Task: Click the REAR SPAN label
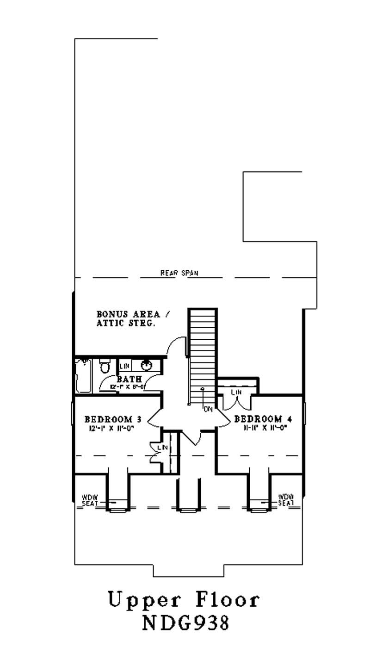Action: (179, 273)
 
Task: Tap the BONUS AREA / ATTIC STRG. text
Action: (133, 319)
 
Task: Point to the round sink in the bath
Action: (147, 365)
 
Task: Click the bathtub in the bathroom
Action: (84, 376)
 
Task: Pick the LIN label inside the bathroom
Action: (124, 366)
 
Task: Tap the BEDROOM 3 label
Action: (112, 419)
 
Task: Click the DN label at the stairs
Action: (208, 409)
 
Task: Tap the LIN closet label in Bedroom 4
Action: (236, 392)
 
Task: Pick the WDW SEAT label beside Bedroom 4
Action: (285, 500)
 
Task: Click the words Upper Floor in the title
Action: (184, 600)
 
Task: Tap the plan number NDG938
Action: (185, 623)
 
